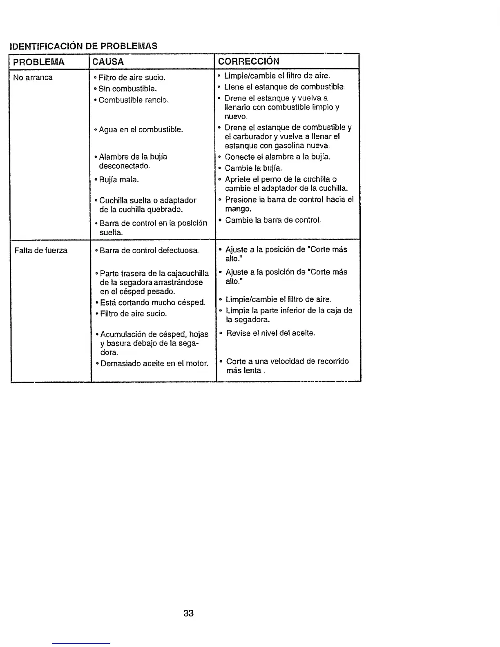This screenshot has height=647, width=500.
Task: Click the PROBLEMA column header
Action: [39, 62]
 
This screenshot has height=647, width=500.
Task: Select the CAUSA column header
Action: [108, 62]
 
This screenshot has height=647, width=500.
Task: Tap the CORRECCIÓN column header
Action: [249, 62]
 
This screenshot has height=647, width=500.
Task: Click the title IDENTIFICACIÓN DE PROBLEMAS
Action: [83, 46]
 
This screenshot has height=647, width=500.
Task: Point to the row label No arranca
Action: [33, 78]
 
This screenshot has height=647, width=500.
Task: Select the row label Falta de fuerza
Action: [41, 250]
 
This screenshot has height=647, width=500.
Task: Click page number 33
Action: [188, 613]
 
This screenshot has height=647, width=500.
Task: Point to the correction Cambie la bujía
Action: [253, 168]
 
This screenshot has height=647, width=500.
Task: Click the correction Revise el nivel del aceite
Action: [270, 333]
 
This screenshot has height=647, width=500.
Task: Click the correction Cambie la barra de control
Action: [273, 220]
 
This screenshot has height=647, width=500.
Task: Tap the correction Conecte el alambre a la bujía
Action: [277, 157]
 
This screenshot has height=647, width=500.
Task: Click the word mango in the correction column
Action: [238, 209]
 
